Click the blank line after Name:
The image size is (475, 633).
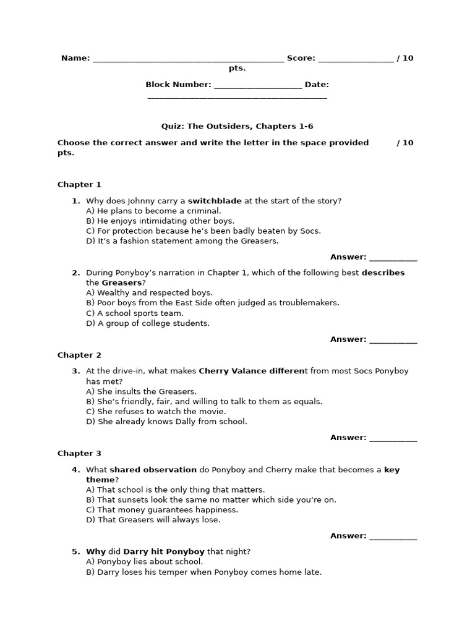coord(188,59)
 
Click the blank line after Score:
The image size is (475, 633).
coord(356,59)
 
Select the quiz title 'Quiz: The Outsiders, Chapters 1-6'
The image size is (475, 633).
coord(237,126)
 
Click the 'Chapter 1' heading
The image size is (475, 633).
coord(79,184)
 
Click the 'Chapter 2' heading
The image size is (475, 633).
coord(79,355)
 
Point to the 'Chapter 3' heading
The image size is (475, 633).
coord(79,453)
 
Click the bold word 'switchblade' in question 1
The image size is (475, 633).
coord(215,201)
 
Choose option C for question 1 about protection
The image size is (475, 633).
coord(203,231)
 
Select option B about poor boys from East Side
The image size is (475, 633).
coord(213,303)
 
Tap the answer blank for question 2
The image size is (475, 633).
coord(393,340)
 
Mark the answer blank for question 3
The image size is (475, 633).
coord(393,438)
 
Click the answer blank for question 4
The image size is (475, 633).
coord(393,537)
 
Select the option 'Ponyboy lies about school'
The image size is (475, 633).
coord(145,562)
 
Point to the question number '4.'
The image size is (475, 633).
coord(76,470)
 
